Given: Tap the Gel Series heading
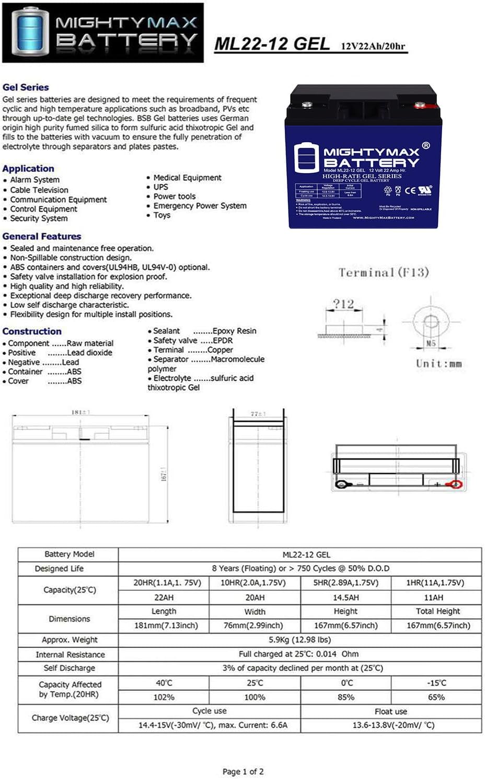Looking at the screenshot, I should (26, 87).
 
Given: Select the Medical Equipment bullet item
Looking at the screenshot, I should (187, 178).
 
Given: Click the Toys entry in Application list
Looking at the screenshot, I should (161, 215).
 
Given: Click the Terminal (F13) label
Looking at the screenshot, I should (383, 272).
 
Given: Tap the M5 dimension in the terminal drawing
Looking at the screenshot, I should (431, 343).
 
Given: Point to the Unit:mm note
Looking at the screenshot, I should (438, 364).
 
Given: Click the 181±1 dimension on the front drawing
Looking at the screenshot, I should (80, 413).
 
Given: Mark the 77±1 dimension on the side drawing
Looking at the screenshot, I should (258, 414).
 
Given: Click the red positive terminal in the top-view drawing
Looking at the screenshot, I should (456, 485).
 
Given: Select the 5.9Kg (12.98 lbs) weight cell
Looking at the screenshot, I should (299, 639).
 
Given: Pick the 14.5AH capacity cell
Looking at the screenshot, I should (345, 597).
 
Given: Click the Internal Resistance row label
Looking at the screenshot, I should (70, 654).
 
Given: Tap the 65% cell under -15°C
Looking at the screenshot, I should (436, 697).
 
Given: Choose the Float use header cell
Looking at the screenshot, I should (390, 711).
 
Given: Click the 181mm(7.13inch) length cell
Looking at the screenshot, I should (164, 625).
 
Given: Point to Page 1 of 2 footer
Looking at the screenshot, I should (243, 771).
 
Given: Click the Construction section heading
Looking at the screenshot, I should (32, 331).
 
